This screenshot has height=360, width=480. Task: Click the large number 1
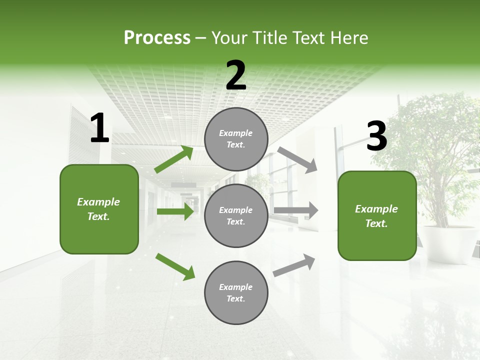[x=99, y=128]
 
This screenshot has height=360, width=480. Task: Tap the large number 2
[x=236, y=75]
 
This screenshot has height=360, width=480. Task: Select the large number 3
[x=376, y=136]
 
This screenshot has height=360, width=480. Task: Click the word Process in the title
[x=157, y=37]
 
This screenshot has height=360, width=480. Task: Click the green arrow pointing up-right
[x=174, y=159]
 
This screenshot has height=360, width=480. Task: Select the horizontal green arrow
[x=175, y=211]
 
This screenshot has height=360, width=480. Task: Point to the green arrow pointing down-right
[x=175, y=266]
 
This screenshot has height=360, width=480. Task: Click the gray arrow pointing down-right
[x=297, y=160]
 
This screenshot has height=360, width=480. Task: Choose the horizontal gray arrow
[x=296, y=210]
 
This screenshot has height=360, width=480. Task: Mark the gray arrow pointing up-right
[x=294, y=265]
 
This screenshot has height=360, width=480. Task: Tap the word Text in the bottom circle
[x=236, y=298]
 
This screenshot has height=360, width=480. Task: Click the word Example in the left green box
[x=98, y=202]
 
